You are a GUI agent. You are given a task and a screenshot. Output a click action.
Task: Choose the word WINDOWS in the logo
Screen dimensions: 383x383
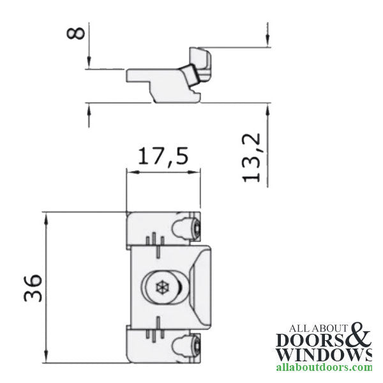pyautogui.click(x=322, y=354)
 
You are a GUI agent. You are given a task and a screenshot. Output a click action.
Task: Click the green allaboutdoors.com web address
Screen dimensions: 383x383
pyautogui.click(x=323, y=368)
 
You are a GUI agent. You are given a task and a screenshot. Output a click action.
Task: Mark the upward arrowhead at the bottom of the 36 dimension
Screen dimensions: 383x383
pyautogui.click(x=46, y=357)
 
